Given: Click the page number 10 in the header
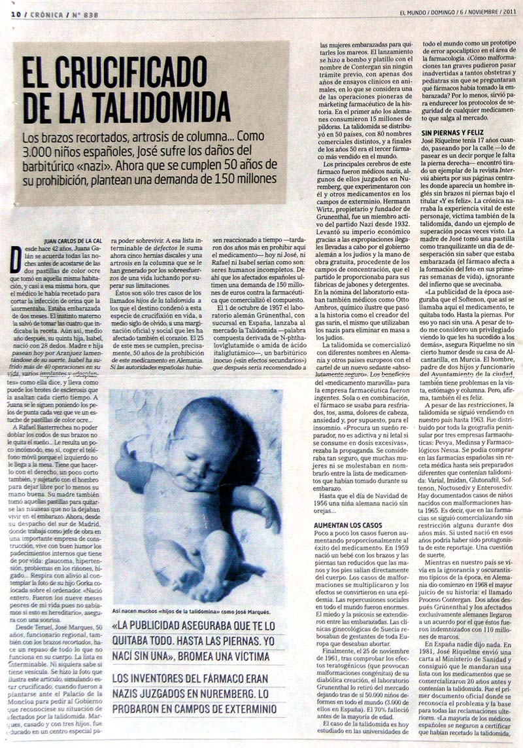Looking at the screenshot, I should (x=14, y=14).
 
